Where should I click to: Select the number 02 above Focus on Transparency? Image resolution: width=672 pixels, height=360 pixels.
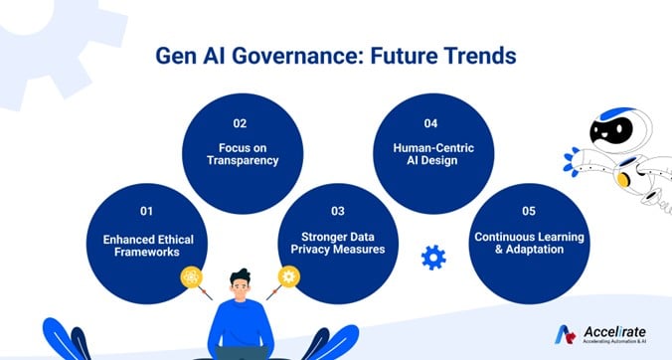[x=240, y=124]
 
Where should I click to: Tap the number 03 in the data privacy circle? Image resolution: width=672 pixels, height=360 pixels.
[x=337, y=212]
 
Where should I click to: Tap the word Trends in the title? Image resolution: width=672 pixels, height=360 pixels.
[x=479, y=56]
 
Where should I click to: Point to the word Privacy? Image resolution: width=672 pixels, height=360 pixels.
[x=321, y=250]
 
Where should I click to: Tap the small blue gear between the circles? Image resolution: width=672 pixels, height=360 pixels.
[x=433, y=258]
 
